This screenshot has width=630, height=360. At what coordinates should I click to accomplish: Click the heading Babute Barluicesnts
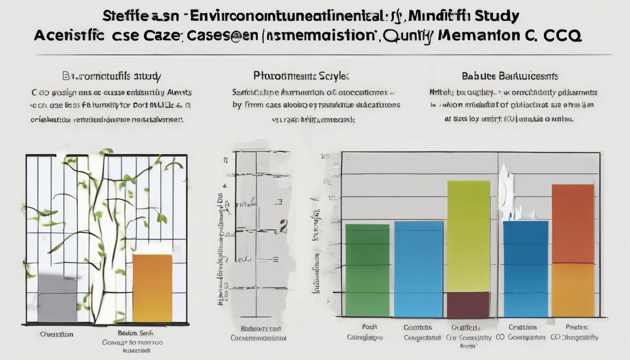[x=510, y=76]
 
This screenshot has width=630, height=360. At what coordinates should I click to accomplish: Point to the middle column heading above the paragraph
[x=301, y=75]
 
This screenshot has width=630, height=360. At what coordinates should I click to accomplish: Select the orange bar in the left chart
[x=152, y=288]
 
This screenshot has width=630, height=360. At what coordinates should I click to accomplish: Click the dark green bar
[x=367, y=270]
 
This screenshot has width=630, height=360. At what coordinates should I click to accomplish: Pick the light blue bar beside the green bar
[x=418, y=269]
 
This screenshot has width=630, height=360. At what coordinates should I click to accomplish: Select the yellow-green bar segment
[x=468, y=236]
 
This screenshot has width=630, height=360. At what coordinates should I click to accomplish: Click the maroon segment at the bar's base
[x=468, y=304]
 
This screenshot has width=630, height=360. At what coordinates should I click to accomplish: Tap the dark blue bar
[x=525, y=269]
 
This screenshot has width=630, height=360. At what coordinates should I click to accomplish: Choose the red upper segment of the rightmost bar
[x=573, y=223]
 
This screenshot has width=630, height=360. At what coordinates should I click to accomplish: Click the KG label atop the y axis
[x=324, y=156]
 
